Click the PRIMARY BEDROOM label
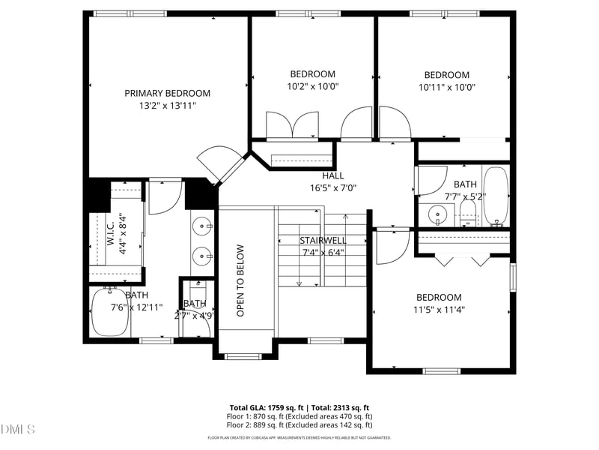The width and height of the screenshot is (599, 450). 167,93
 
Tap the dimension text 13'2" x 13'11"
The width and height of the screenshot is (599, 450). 167,106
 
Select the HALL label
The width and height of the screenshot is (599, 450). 333,175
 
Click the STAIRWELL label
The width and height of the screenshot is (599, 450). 323,240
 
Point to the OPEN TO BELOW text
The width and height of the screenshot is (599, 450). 241,280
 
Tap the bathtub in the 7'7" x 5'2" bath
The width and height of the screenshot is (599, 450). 496,196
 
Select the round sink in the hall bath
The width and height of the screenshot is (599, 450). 439,216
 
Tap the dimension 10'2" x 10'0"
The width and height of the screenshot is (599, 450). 313,86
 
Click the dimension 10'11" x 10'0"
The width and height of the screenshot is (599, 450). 447,87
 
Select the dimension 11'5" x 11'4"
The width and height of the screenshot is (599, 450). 439,310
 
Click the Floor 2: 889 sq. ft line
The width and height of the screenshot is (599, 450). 299,424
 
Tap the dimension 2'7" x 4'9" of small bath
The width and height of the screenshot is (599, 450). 195,316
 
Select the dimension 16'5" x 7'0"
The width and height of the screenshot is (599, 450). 333,188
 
